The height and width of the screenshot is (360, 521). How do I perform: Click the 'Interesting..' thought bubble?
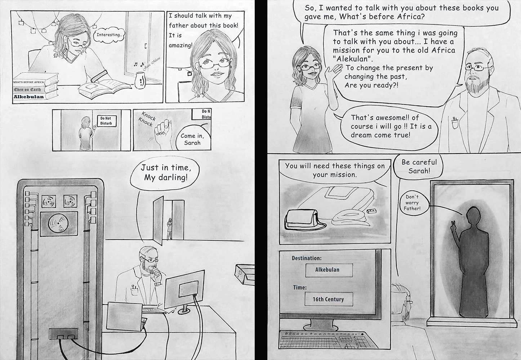pos(109,35)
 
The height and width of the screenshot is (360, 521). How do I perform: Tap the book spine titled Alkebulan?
pos(29,97)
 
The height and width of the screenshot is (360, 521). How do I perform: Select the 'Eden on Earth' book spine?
pos(28,90)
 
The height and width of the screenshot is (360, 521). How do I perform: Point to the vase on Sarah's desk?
pos(140,80)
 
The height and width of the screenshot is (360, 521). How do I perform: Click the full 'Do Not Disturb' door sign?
pos(106,121)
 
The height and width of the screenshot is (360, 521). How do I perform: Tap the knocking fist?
pos(163,132)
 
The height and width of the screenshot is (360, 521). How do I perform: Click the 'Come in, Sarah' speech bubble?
pos(192,139)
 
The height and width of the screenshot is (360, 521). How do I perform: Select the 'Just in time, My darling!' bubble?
pos(165,173)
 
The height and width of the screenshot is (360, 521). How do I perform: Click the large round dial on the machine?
pos(58,224)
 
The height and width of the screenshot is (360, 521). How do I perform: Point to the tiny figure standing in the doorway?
pos(170,229)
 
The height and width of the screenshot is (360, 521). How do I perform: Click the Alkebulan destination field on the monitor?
pos(329,270)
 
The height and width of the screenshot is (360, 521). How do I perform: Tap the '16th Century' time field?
pos(329,299)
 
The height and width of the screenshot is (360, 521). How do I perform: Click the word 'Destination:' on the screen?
pos(307,258)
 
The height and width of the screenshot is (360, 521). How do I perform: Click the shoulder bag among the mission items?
pos(303,220)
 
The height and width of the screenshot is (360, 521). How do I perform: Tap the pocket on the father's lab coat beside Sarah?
pos(455,123)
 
